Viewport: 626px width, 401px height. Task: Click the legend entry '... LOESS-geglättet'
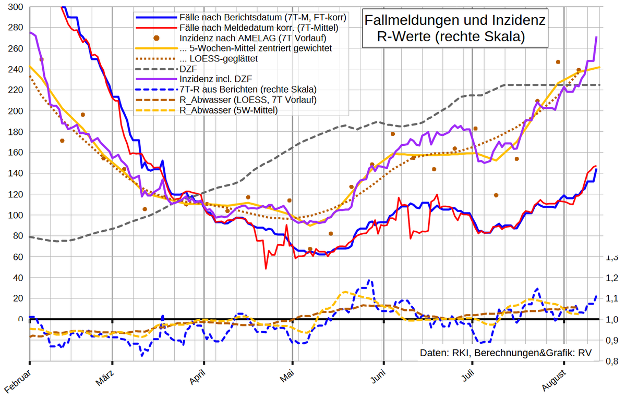[x=219, y=58]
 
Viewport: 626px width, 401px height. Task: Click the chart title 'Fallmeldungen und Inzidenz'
[x=454, y=21]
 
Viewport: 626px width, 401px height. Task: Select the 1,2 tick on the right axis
[x=611, y=278]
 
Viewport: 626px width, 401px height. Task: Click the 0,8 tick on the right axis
[x=611, y=361]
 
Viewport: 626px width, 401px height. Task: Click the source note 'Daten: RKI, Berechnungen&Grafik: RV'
[x=505, y=353]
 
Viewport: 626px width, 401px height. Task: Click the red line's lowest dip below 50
[x=266, y=269]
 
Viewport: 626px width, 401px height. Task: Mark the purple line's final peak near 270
[x=596, y=37]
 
